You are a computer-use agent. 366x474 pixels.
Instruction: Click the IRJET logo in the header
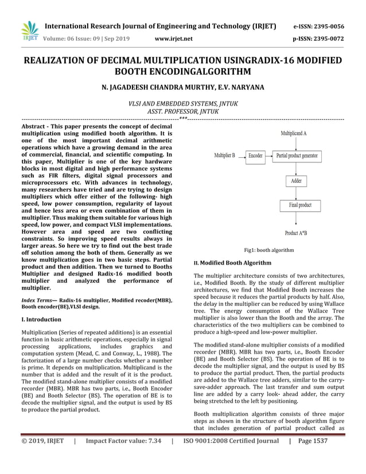[29, 32]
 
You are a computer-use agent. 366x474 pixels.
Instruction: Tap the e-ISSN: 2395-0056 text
[319, 26]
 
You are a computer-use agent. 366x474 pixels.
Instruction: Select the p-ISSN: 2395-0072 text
[319, 39]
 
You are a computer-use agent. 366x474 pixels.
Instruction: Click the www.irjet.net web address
[174, 39]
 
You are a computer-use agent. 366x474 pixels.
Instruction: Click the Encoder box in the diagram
[255, 156]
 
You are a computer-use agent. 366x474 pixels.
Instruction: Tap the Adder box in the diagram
[296, 181]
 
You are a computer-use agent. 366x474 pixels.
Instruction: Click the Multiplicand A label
[293, 133]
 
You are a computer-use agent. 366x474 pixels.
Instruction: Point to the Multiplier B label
[224, 156]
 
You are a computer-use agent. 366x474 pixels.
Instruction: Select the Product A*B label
[295, 233]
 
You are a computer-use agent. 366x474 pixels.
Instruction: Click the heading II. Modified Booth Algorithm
[232, 263]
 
